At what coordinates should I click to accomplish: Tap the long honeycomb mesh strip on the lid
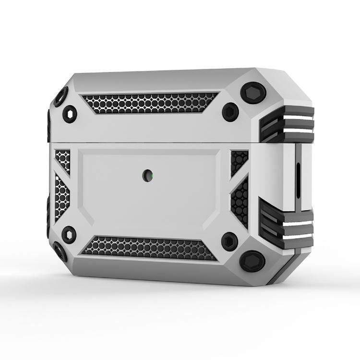148,103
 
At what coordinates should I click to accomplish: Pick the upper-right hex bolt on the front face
230,112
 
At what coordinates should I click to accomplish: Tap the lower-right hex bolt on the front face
230,241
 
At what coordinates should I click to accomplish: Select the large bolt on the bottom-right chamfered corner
252,262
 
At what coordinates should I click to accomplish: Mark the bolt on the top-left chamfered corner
60,98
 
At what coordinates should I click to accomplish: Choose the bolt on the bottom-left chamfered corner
60,251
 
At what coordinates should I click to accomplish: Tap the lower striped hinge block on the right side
287,224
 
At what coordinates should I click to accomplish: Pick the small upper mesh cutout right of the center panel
239,161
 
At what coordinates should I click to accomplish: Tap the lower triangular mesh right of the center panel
240,202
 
